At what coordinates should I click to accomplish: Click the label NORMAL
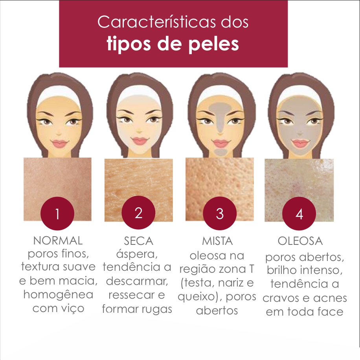(58, 240)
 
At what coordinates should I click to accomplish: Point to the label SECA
(138, 240)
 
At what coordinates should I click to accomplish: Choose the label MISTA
(217, 241)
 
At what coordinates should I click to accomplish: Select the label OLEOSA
(300, 241)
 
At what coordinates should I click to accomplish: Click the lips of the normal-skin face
(60, 143)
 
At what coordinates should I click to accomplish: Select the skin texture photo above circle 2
(138, 185)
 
